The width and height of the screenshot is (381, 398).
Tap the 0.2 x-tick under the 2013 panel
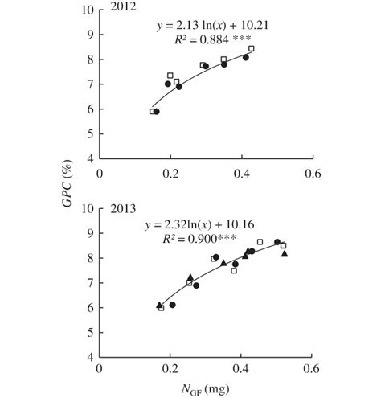click(170, 371)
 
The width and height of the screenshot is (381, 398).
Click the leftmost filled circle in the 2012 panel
click(156, 112)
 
